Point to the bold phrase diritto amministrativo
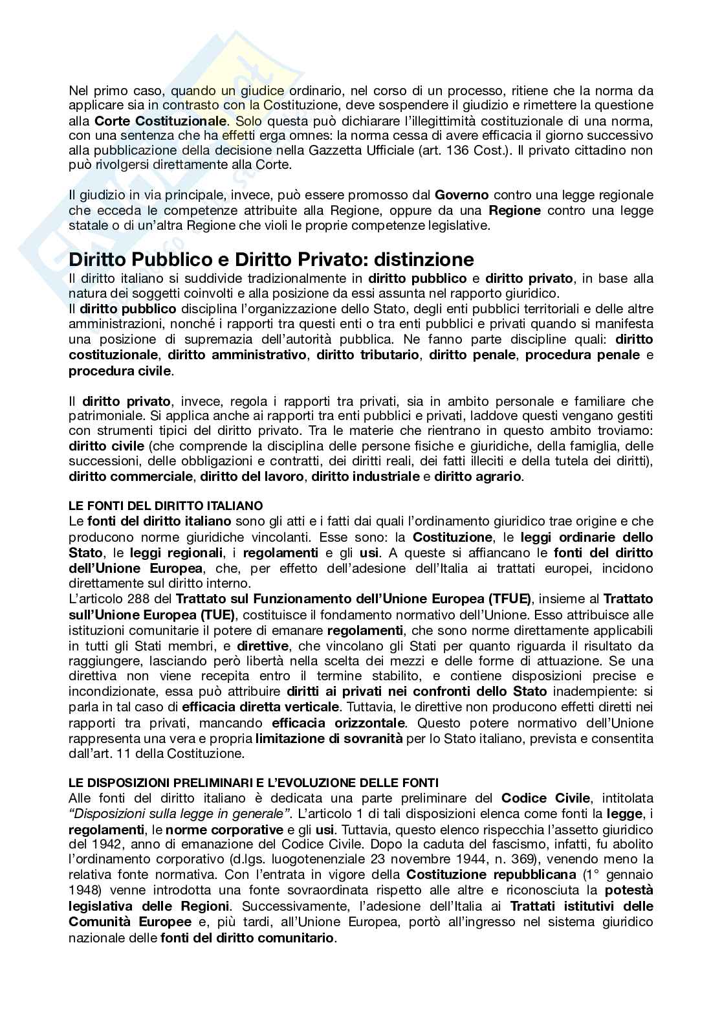pos(237,355)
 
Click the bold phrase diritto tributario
pos(368,355)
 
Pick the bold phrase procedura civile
pos(120,370)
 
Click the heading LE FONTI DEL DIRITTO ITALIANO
pos(166,505)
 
